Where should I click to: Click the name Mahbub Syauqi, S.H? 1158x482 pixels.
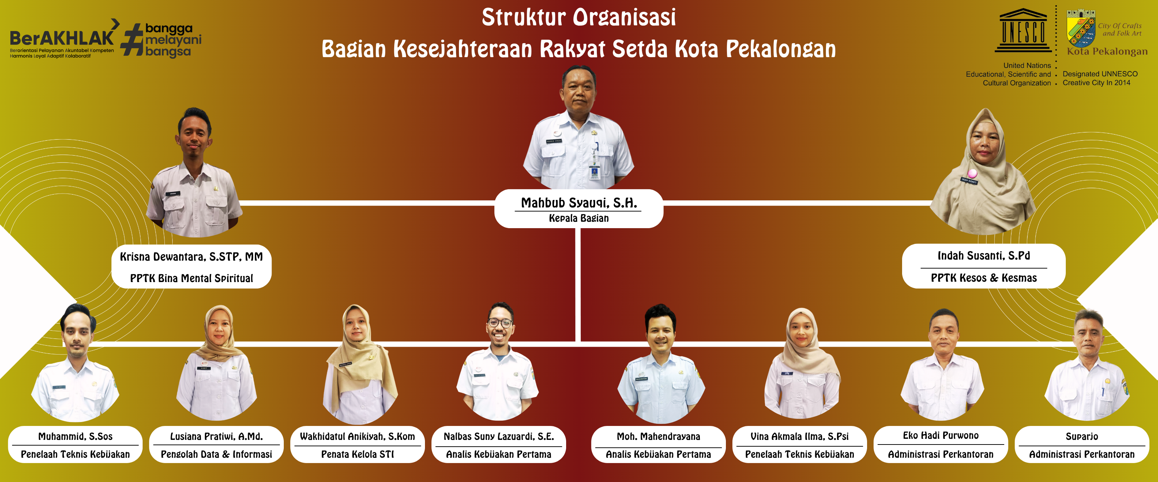(x=579, y=203)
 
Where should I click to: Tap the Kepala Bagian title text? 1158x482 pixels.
(x=579, y=218)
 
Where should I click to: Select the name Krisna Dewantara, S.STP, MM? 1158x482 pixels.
(x=191, y=256)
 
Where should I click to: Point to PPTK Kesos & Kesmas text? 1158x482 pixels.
(x=984, y=278)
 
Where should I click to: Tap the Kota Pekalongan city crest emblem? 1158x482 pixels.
(x=1081, y=28)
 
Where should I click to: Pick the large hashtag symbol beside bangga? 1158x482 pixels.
(x=132, y=40)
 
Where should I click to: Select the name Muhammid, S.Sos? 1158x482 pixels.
(x=75, y=437)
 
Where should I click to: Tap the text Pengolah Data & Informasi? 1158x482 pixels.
(x=216, y=455)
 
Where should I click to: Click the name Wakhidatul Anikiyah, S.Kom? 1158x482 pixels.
(x=357, y=437)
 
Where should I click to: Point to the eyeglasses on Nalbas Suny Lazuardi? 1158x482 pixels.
(x=500, y=322)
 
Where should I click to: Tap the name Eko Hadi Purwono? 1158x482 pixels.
(x=940, y=436)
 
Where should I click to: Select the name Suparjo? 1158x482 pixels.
(x=1082, y=437)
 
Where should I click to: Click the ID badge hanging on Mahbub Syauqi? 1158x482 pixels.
(x=595, y=172)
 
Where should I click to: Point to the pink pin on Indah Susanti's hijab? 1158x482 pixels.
(x=973, y=174)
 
